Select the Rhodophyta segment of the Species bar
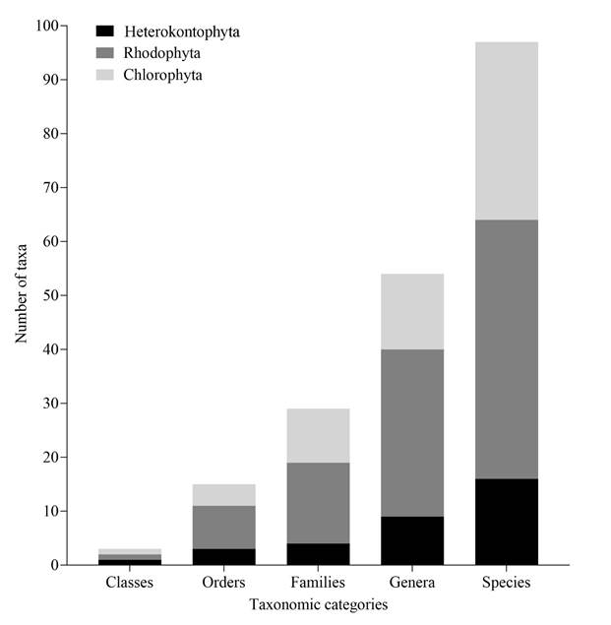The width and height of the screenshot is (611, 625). [x=506, y=348]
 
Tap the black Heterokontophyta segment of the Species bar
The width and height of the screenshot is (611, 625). [x=506, y=522]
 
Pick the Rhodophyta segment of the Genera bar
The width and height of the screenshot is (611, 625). [x=412, y=433]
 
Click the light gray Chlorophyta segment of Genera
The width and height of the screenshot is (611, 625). [x=412, y=311]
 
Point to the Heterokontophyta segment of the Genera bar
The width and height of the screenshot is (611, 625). [x=412, y=540]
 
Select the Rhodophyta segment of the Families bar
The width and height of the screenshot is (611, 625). [x=318, y=503]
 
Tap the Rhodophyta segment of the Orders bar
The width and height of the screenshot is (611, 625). [x=224, y=528]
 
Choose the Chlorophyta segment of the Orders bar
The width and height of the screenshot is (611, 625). [x=224, y=494]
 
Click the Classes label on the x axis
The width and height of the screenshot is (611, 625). [x=130, y=583]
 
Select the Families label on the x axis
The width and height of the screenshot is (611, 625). [x=318, y=583]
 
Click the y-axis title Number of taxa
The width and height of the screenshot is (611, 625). [x=22, y=295]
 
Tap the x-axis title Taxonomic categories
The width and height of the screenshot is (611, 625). [x=318, y=604]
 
